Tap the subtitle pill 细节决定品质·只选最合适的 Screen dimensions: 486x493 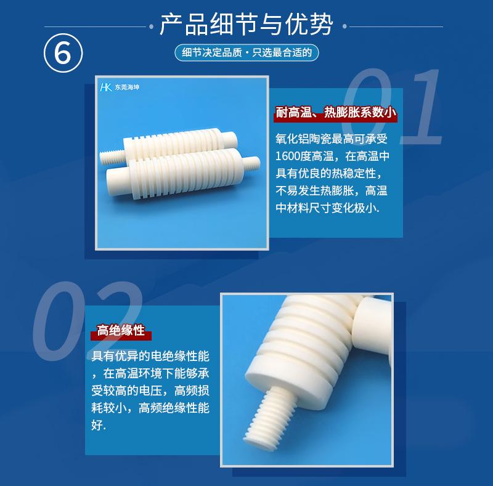246,52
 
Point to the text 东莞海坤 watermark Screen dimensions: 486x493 128,87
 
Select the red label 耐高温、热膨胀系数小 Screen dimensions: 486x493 335,113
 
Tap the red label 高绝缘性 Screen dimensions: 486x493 121,331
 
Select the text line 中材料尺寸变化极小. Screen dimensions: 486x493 327,208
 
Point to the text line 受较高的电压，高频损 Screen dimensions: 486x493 150,390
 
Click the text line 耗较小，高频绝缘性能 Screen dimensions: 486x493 150,407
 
